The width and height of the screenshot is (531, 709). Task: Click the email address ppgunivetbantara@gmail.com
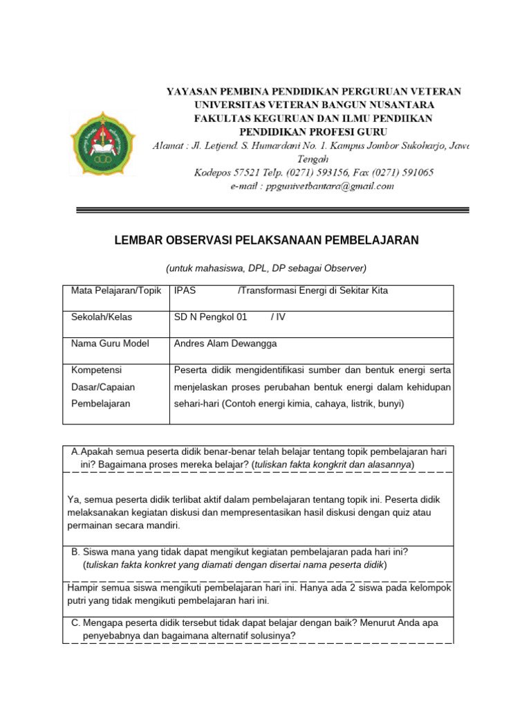pos(312,186)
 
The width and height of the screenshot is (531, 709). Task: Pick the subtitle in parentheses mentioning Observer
pos(266,268)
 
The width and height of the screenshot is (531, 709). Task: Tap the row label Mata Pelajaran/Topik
pos(115,291)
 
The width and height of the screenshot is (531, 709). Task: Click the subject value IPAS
pos(185,291)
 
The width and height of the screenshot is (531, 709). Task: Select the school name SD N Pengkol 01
pos(211,317)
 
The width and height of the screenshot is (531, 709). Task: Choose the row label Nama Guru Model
pos(110,343)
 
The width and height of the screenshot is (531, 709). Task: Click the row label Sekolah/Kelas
pos(102,317)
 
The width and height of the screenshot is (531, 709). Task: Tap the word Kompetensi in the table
pos(96,370)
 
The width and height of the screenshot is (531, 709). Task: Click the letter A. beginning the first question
pos(75,451)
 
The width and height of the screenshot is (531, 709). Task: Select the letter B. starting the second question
pos(76,552)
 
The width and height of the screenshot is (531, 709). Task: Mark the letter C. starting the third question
pos(76,623)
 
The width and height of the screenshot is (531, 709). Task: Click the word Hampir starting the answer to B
pos(83,588)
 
